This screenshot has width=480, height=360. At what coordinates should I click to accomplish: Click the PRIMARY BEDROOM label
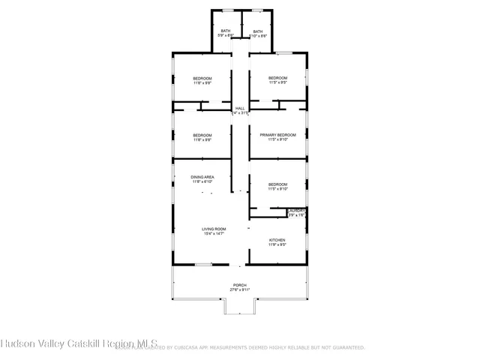277,134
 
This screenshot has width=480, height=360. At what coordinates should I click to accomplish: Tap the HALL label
240,109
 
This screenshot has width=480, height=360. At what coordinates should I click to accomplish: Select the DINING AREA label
202,177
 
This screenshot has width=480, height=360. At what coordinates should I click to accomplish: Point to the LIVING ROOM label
214,229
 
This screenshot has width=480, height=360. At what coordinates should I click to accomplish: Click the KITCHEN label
277,240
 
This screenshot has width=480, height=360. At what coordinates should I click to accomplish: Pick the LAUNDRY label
297,211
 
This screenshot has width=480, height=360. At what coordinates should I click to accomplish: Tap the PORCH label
240,285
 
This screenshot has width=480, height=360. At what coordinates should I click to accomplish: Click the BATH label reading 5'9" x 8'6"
226,31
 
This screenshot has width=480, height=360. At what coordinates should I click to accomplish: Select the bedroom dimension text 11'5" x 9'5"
278,82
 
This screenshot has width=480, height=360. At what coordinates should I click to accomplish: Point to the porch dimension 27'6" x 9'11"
240,289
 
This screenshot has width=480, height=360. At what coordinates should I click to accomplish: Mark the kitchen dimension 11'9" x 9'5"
277,244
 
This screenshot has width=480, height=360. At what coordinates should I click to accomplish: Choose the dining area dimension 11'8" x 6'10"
202,181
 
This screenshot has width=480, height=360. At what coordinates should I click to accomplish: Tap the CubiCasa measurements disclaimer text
262,348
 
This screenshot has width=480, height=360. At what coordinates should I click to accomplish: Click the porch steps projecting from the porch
240,307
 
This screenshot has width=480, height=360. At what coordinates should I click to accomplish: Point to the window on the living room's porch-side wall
202,265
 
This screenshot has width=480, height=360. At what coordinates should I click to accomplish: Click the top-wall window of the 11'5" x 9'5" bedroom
284,52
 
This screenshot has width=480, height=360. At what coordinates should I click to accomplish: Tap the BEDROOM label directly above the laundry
277,184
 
